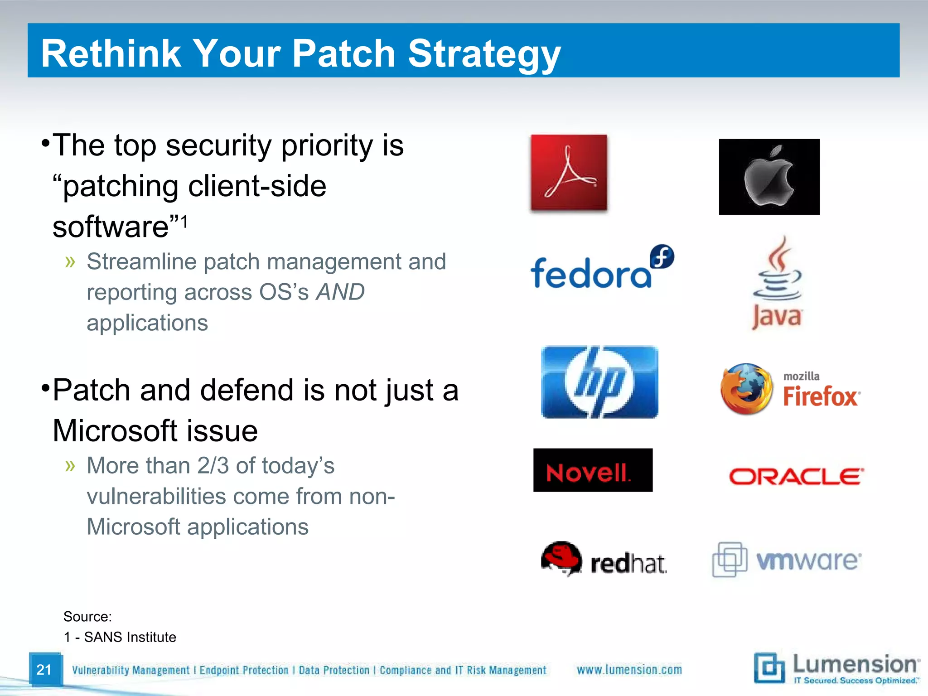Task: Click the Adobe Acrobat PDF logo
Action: (x=569, y=173)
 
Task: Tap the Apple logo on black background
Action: (x=769, y=177)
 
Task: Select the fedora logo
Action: (x=602, y=269)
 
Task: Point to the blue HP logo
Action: (x=599, y=382)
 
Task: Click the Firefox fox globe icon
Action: (x=746, y=389)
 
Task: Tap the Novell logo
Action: (x=593, y=470)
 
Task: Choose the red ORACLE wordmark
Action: (x=796, y=477)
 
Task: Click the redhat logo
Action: (x=604, y=559)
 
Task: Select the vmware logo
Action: (x=787, y=560)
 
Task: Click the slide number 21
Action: (x=44, y=670)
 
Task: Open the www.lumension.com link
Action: (x=629, y=670)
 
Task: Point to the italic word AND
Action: (x=340, y=292)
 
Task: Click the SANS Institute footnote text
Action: (x=130, y=637)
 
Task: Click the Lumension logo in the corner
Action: (x=836, y=668)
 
